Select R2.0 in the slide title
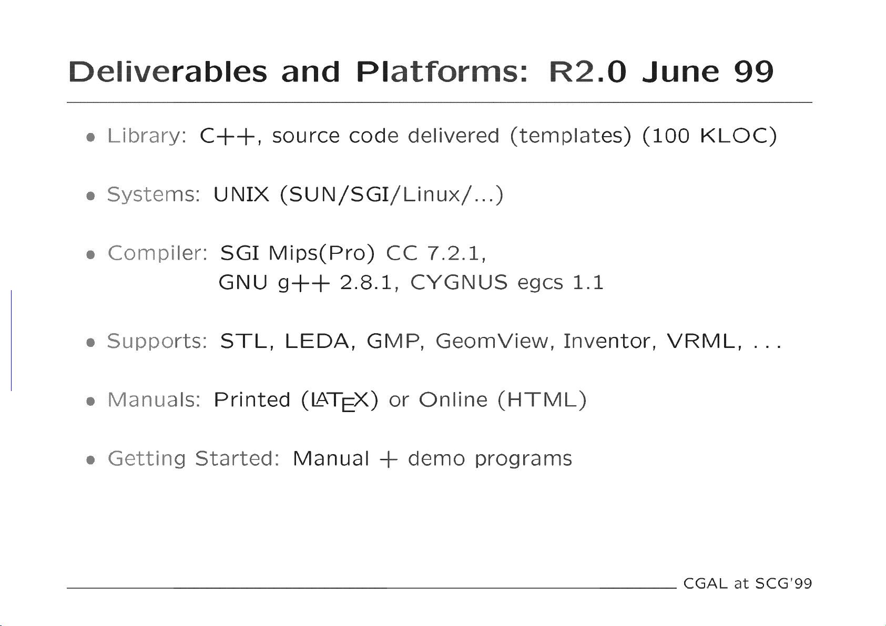click(x=588, y=72)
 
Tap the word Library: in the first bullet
click(x=147, y=137)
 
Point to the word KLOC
click(x=734, y=136)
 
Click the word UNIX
click(x=241, y=194)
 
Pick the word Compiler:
click(x=157, y=254)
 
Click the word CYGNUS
click(x=459, y=282)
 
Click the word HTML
click(x=542, y=400)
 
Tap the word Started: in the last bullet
click(x=238, y=459)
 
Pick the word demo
click(x=436, y=459)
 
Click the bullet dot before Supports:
click(x=90, y=343)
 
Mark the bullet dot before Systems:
click(x=90, y=196)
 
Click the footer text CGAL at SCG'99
click(x=748, y=583)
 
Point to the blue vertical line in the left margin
click(x=11, y=341)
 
